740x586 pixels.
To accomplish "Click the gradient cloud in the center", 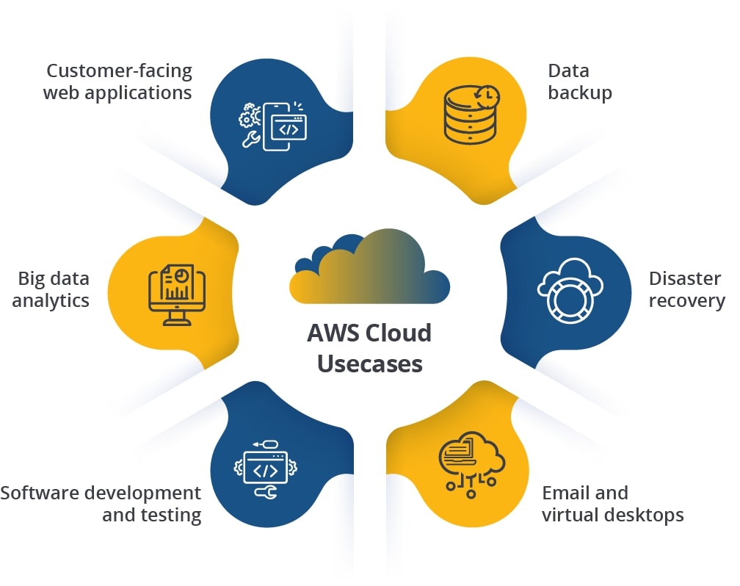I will coord(369,269).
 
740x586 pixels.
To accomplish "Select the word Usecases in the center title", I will coord(369,363).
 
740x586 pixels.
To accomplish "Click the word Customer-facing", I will coord(119,71).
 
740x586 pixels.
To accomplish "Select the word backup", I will coord(579,93).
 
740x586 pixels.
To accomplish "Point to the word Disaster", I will coord(684,278).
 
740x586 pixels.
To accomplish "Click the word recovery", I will coord(686,301).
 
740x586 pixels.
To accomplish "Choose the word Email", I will coord(564,492).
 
